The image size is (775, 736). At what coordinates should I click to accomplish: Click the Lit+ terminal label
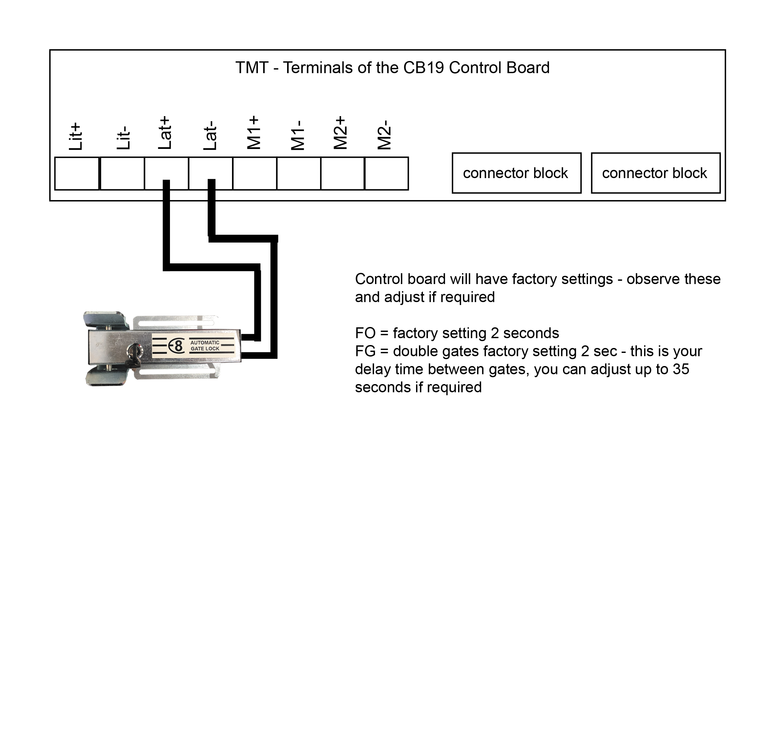click(75, 136)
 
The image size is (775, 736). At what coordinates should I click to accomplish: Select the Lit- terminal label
click(124, 138)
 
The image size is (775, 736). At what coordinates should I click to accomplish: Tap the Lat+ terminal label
click(165, 133)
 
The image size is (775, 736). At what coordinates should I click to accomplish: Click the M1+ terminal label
click(254, 132)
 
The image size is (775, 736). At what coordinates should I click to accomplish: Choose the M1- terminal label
click(298, 135)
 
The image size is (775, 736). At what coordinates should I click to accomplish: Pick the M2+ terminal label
click(341, 133)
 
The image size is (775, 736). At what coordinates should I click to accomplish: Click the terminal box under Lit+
click(77, 174)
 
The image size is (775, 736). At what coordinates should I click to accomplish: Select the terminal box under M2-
click(387, 174)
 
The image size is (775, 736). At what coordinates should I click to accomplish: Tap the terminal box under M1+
click(255, 174)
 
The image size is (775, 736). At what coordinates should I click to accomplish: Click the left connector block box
click(516, 173)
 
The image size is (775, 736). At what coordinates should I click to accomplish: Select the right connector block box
click(656, 173)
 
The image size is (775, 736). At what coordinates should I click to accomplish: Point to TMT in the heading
click(252, 68)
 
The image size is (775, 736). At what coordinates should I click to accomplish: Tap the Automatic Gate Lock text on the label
click(205, 346)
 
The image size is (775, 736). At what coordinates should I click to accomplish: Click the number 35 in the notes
click(681, 369)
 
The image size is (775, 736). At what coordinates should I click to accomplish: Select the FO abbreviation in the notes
click(365, 333)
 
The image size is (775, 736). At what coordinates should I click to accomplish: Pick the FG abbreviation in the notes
click(365, 351)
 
